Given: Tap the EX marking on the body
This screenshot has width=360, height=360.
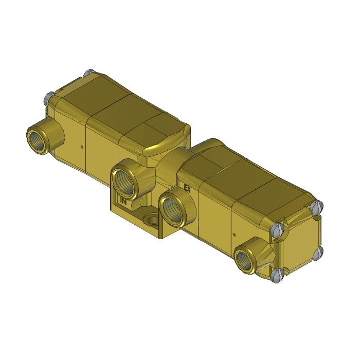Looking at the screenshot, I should click(x=187, y=189).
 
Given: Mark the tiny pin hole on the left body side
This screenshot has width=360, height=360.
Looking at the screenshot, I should click(x=81, y=146).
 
